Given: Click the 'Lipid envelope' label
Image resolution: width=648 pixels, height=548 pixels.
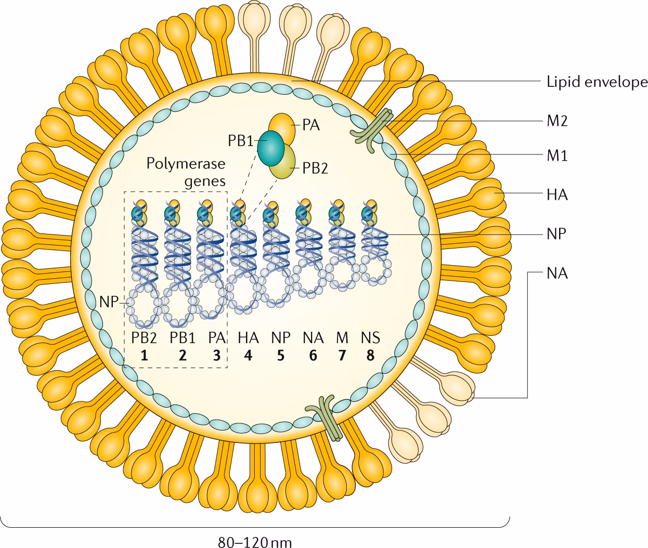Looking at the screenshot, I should [597, 82].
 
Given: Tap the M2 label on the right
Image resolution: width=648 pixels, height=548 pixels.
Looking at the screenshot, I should [556, 121].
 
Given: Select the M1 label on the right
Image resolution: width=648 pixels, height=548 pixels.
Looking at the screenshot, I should [556, 155].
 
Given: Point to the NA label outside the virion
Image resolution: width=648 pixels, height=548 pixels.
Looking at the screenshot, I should [556, 273].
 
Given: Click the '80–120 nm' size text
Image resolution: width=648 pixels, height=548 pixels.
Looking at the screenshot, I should [254, 542].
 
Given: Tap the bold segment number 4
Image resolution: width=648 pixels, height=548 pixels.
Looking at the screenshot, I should [248, 356].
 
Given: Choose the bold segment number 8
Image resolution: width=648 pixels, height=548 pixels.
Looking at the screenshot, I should [370, 356].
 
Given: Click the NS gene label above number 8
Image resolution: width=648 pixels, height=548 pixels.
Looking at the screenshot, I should [370, 338].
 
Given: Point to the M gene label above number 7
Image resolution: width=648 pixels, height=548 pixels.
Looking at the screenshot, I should [342, 338].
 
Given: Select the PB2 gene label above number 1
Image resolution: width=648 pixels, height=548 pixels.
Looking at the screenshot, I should [144, 338].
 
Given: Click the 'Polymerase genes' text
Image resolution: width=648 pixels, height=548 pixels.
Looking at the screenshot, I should [186, 172].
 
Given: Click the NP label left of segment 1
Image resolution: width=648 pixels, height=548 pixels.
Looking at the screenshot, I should [109, 301].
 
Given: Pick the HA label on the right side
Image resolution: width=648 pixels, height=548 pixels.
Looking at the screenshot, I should [556, 194].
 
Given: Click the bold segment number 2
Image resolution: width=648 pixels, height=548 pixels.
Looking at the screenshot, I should [182, 356].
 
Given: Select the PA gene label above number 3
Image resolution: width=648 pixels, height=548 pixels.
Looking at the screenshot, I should [216, 338].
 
